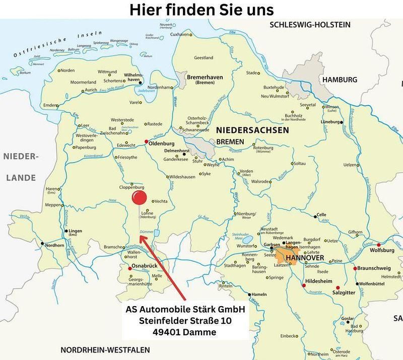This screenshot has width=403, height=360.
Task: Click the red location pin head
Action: click(x=138, y=198)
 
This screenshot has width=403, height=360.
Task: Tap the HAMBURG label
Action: click(x=340, y=80)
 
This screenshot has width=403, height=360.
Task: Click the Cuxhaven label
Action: click(x=180, y=34)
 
